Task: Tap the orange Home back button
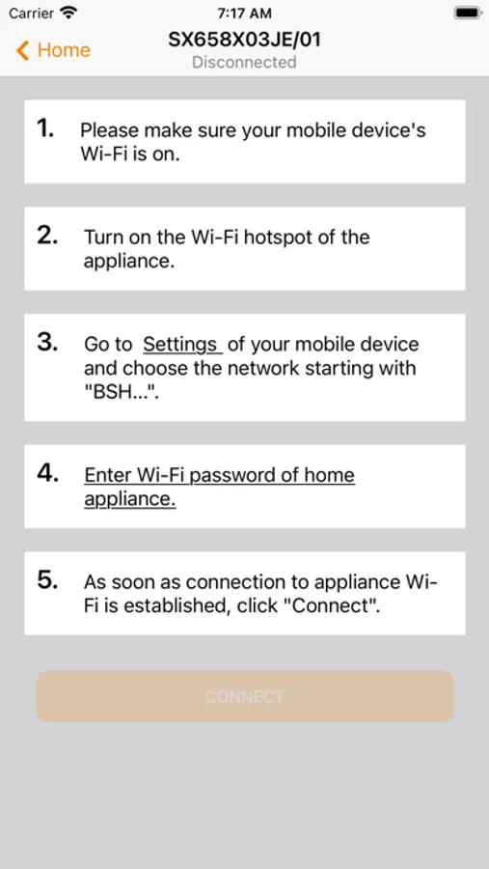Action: pos(53,50)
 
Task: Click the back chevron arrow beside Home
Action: pos(22,50)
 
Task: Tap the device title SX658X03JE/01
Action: pos(244,40)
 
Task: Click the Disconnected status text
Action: pos(244,62)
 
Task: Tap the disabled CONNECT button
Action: pos(245,696)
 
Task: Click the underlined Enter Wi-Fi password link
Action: pos(219,488)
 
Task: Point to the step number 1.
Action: pos(45,128)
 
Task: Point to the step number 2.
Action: pos(47,236)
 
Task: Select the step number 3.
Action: pos(47,343)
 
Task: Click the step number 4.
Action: pos(48,473)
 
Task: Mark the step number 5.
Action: pos(47,580)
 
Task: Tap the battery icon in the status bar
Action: pos(468,13)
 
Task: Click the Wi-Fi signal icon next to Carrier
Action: pos(69,13)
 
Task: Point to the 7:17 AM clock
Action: pos(244,13)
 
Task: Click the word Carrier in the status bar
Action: pos(32,13)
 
